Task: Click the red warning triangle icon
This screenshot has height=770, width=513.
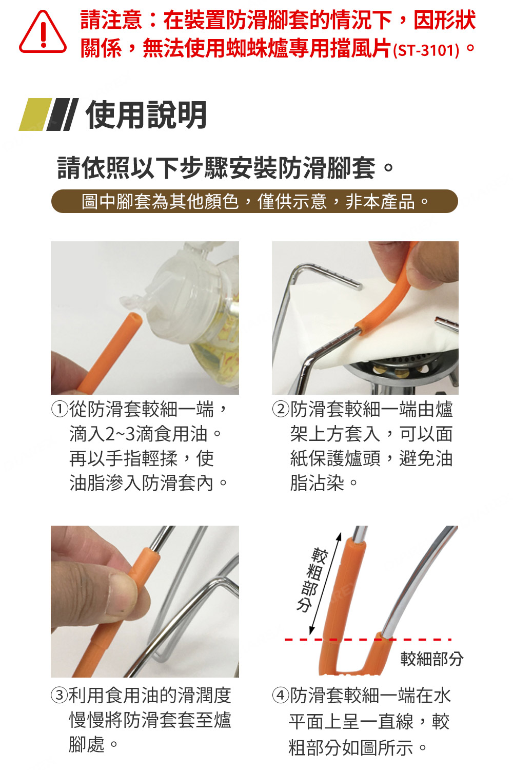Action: pyautogui.click(x=43, y=32)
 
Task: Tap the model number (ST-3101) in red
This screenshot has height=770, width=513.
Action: pyautogui.click(x=426, y=50)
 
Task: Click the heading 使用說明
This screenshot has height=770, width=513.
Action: pyautogui.click(x=146, y=115)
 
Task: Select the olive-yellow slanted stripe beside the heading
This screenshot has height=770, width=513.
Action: pyautogui.click(x=35, y=114)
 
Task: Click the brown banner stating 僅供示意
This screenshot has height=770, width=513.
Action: pyautogui.click(x=254, y=201)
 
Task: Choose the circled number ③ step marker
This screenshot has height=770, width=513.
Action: pyautogui.click(x=59, y=695)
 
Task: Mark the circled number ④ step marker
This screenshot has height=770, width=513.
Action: pyautogui.click(x=280, y=695)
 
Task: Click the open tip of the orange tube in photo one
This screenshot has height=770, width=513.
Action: pyautogui.click(x=135, y=317)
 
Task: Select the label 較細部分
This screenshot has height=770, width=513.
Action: pyautogui.click(x=432, y=659)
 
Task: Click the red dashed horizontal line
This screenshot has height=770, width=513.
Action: pyautogui.click(x=368, y=640)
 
